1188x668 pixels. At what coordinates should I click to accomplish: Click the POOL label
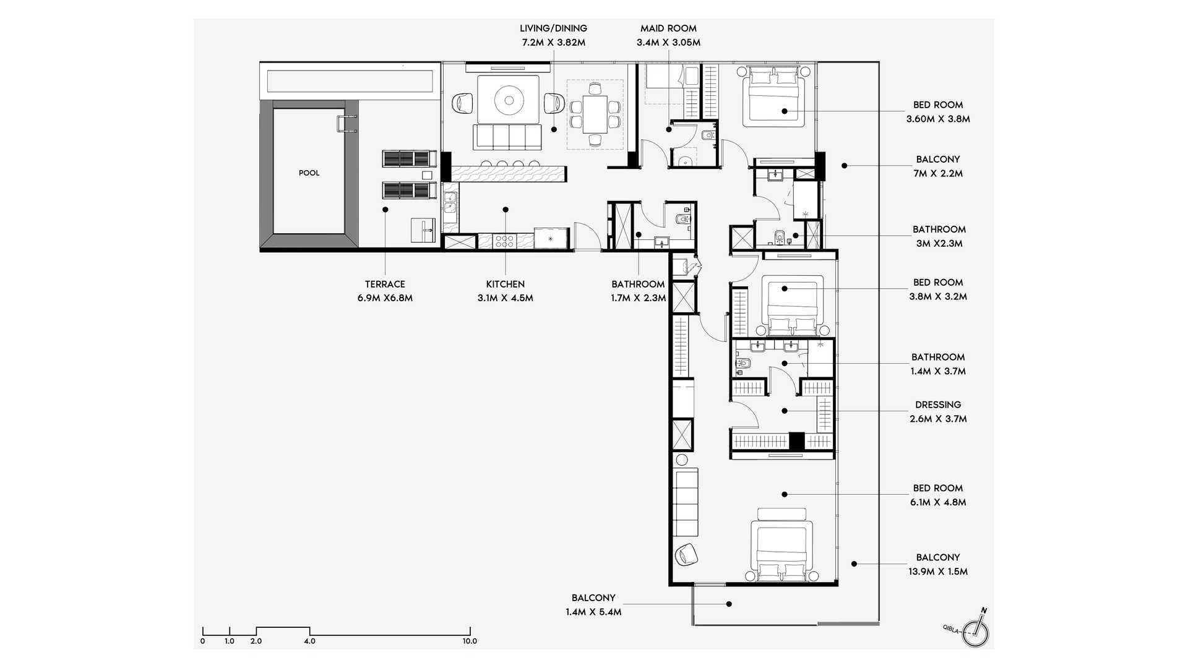309,173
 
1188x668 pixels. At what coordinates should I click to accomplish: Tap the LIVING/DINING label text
553,28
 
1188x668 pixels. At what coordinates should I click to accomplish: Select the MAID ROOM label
668,28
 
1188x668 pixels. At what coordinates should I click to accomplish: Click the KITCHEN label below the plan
505,285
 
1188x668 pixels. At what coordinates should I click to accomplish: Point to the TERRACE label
385,285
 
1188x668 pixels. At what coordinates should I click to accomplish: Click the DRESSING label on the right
938,405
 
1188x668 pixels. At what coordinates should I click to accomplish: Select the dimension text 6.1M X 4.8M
938,503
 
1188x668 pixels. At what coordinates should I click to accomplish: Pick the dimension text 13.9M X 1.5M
938,572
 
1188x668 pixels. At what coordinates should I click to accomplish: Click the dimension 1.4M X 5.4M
593,612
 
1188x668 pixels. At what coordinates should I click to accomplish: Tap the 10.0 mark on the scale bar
470,641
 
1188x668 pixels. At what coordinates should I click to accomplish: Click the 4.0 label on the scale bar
309,641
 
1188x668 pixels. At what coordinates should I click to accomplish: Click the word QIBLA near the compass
951,628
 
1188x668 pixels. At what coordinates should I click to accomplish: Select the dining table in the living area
595,114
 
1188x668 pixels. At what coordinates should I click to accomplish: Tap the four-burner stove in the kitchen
504,241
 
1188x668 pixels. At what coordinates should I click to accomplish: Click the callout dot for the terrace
385,210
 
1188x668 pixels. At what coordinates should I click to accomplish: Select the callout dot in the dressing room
785,411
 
